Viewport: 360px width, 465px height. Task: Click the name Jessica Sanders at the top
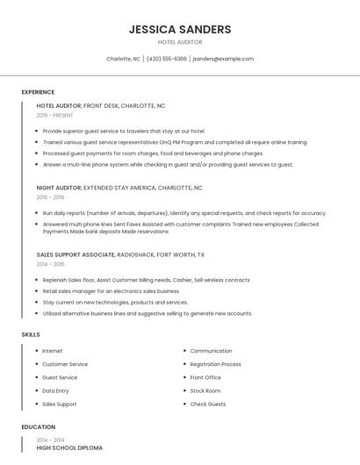(x=180, y=29)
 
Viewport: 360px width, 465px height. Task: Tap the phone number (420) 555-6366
(x=167, y=59)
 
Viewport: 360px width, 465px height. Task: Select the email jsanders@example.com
(x=223, y=59)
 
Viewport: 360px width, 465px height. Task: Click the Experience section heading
(x=38, y=92)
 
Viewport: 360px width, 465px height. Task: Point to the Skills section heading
(x=31, y=334)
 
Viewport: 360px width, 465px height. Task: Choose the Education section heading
(x=38, y=427)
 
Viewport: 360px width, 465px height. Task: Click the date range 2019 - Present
(x=54, y=115)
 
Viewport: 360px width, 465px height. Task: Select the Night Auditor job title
(x=59, y=188)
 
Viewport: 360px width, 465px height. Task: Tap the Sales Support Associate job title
(x=76, y=254)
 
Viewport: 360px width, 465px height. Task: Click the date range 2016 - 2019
(x=50, y=197)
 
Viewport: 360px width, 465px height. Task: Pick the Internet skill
(x=53, y=351)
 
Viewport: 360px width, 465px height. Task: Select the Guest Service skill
(x=60, y=377)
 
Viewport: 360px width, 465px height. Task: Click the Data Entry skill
(x=55, y=390)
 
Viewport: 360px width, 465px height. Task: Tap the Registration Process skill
(x=215, y=364)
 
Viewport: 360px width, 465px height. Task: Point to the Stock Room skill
(x=205, y=390)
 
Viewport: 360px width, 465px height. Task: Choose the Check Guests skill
(x=208, y=404)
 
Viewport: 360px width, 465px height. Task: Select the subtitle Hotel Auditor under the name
(x=180, y=42)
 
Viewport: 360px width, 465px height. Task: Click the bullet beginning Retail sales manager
(x=111, y=291)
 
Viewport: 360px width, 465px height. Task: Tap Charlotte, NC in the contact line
(x=123, y=59)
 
